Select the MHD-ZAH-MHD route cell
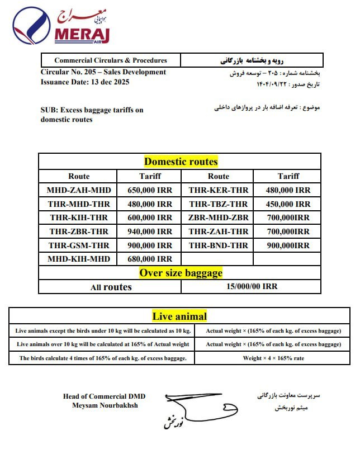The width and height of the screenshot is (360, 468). point(79,190)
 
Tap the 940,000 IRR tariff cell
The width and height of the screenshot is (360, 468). point(150,231)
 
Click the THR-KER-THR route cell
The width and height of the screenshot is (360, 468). point(218,190)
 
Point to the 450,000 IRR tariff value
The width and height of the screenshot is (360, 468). point(287,204)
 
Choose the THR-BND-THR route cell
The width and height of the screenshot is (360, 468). point(218,245)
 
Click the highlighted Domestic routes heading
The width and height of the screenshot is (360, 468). point(181,162)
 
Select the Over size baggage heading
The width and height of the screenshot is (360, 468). point(181,273)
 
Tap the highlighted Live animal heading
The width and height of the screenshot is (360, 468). point(179,316)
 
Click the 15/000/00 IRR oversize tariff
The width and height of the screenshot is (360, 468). point(252,287)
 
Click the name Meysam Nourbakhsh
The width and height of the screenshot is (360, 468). point(105,405)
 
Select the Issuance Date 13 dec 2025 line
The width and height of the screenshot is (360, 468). point(85,82)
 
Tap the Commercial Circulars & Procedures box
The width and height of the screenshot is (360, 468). point(111,60)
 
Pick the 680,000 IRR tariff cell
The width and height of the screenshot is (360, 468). point(150,259)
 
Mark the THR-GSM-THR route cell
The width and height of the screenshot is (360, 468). point(79,245)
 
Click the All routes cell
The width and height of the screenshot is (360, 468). point(111,287)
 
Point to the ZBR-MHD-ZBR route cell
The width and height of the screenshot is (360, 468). point(218,218)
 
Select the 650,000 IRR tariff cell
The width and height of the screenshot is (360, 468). point(150,190)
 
